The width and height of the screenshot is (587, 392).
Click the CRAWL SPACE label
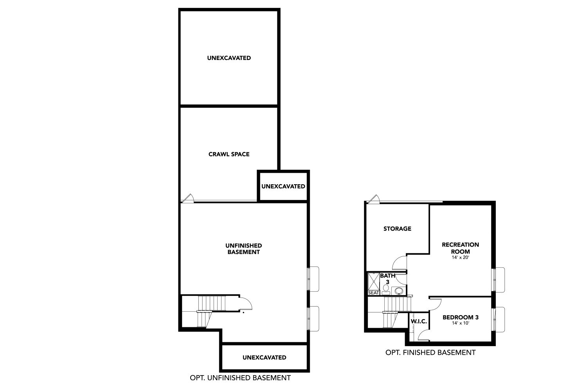click(229, 154)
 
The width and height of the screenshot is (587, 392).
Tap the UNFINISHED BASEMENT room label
click(243, 249)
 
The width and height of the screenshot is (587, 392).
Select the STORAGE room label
click(397, 229)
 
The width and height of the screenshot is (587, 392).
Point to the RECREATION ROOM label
click(460, 248)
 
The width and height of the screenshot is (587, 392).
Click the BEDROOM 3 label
click(461, 317)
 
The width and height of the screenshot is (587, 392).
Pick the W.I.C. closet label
click(419, 321)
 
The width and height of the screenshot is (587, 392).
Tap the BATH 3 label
click(387, 279)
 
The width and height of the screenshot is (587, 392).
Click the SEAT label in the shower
click(373, 293)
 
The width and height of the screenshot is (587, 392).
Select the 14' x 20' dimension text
click(460, 258)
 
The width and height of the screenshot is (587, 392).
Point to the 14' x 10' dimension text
click(461, 323)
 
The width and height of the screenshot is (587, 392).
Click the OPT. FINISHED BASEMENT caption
click(430, 352)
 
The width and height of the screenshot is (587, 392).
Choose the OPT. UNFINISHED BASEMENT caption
click(240, 378)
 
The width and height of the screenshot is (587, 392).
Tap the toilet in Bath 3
click(385, 290)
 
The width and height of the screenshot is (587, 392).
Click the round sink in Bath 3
click(399, 291)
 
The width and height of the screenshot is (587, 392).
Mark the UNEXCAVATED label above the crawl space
click(229, 58)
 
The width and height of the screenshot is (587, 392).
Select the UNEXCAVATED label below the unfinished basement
click(264, 358)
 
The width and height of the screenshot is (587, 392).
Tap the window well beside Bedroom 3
click(499, 319)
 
